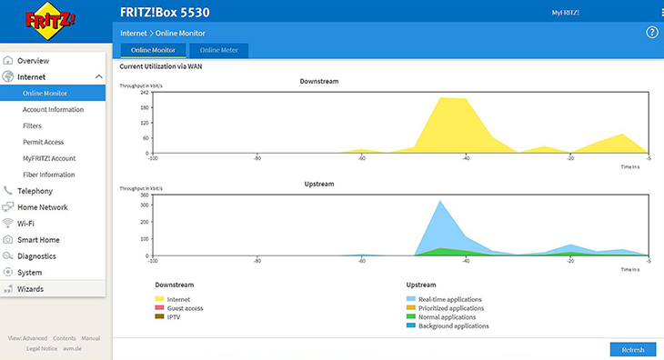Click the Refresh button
coord(633,349)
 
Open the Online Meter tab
coord(218,50)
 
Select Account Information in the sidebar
coord(53,110)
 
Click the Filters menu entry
coord(32,125)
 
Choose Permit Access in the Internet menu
coord(43,142)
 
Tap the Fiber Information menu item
coord(49,175)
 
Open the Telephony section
coord(35,191)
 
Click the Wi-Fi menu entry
coord(25,224)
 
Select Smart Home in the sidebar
coord(38,240)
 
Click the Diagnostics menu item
coord(36,256)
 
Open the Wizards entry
coord(30,289)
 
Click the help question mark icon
coord(651,32)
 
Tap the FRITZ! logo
coord(50,21)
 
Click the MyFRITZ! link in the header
coord(566,13)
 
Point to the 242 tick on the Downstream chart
coord(145,92)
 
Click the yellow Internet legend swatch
coord(159,299)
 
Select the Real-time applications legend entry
coord(449,299)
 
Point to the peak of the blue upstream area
coord(440,201)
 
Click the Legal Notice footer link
coord(42,348)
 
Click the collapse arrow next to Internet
coord(98,76)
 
